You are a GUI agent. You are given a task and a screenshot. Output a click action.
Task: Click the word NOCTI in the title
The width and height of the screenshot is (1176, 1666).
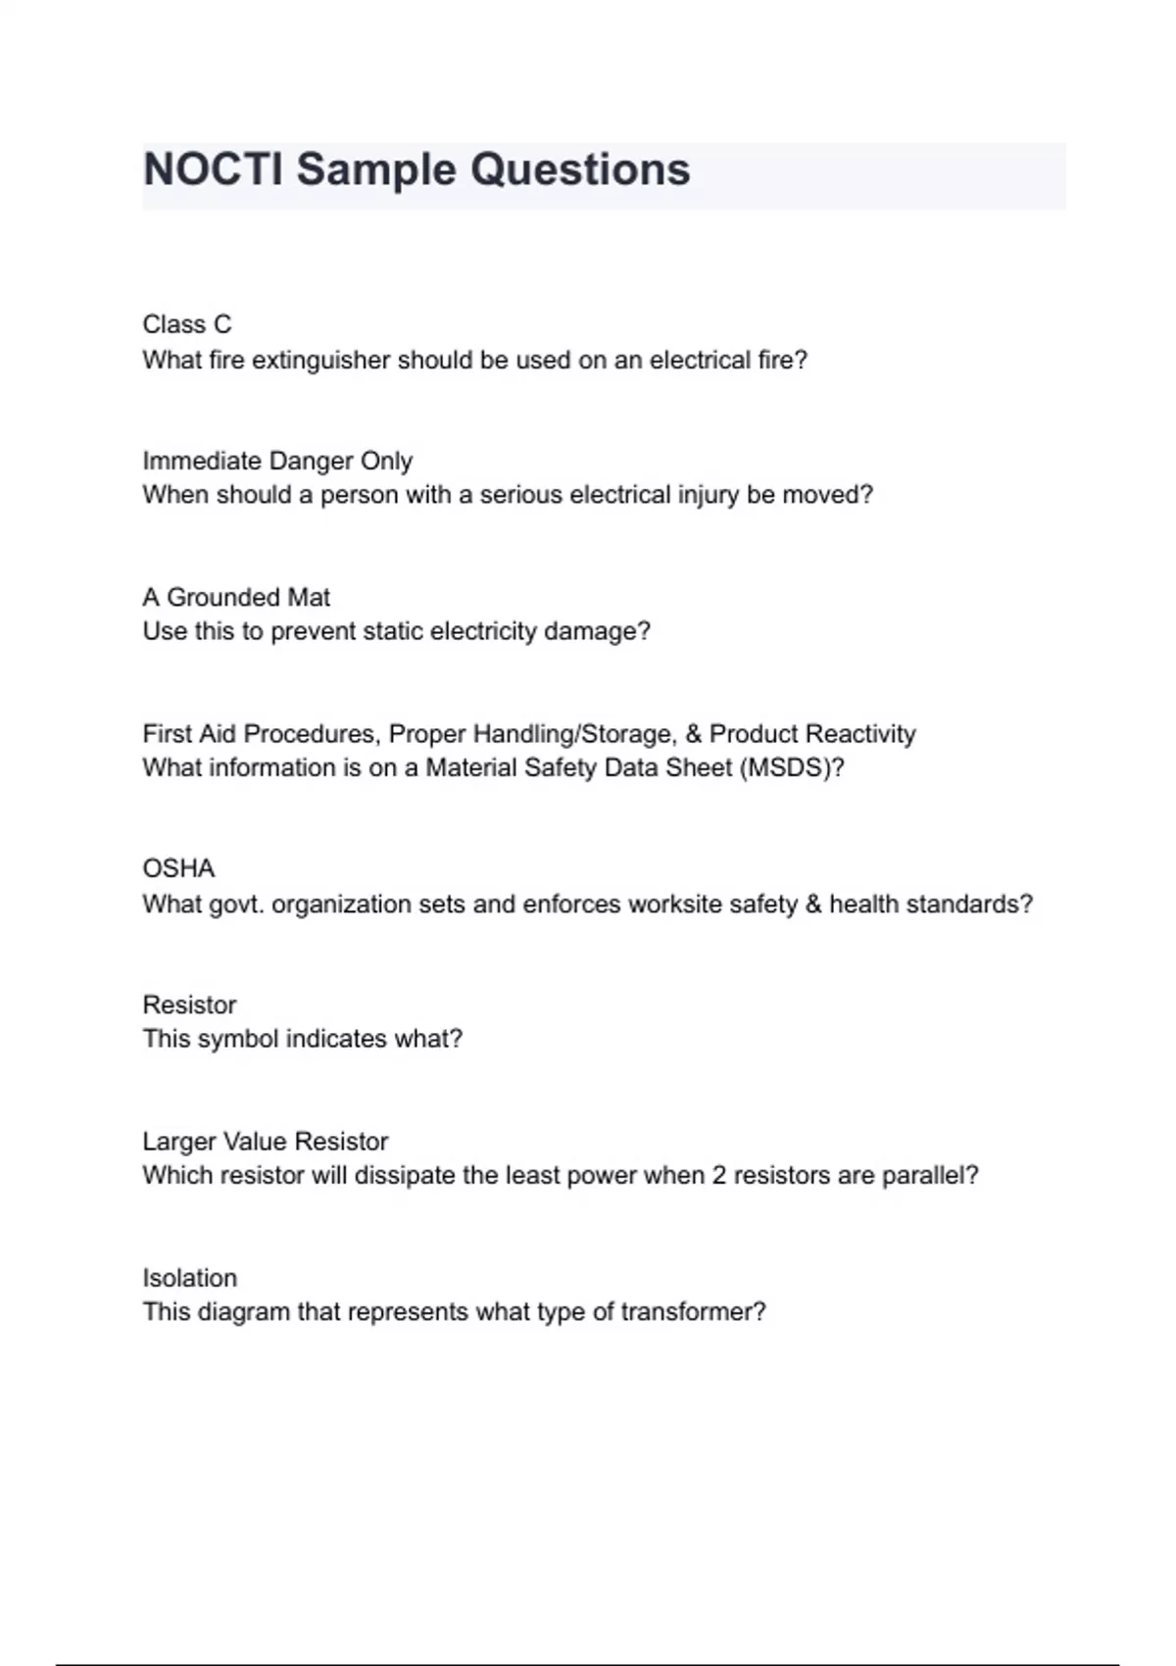(x=213, y=170)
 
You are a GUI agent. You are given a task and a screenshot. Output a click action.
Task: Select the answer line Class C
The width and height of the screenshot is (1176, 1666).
(x=187, y=324)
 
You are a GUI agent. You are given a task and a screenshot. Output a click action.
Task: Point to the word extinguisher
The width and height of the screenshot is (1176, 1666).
(x=319, y=361)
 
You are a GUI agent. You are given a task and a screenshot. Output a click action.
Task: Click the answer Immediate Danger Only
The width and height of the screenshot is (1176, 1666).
(x=277, y=461)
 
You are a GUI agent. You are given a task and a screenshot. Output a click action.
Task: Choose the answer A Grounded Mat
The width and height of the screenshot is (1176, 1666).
(x=236, y=597)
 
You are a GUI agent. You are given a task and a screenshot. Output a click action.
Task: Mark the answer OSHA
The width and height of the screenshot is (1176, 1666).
(x=178, y=869)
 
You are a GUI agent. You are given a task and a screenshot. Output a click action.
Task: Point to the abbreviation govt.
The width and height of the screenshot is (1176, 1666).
(x=236, y=904)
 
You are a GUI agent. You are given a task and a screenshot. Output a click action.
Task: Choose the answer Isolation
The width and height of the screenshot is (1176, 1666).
(x=190, y=1278)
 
